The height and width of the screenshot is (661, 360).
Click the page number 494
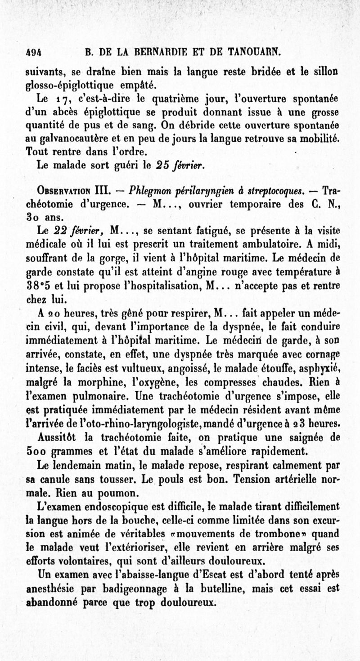(34, 51)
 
